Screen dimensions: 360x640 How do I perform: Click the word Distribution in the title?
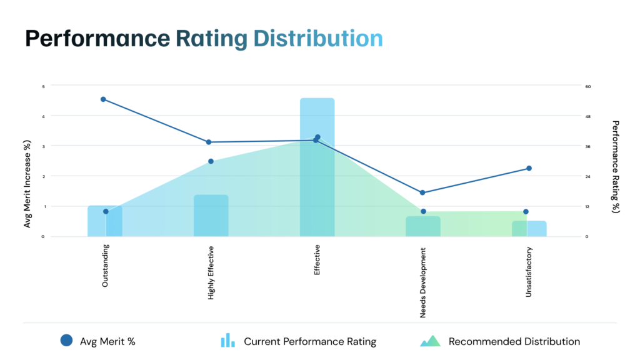(x=317, y=39)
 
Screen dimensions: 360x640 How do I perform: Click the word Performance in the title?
(x=97, y=39)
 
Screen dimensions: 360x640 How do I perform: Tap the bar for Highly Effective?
(x=211, y=216)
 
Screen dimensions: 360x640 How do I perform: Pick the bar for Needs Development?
(x=422, y=226)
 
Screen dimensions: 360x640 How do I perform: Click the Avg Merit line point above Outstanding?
(x=103, y=99)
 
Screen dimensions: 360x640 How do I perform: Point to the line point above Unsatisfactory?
(x=529, y=168)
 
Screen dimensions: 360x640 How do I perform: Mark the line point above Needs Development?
(x=422, y=192)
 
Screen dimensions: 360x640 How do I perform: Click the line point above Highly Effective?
(x=209, y=142)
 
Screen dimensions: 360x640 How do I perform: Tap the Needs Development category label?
(x=423, y=282)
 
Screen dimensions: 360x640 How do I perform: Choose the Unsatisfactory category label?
(x=529, y=272)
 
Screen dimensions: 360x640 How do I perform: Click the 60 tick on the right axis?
(x=587, y=86)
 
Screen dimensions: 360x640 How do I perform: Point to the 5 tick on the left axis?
(x=43, y=86)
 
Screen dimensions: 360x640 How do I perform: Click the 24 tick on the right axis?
(x=587, y=176)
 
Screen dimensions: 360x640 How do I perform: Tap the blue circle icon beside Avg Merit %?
(x=67, y=341)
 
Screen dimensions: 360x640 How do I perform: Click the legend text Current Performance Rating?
(x=310, y=341)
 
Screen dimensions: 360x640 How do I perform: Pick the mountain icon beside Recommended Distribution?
(x=430, y=341)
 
